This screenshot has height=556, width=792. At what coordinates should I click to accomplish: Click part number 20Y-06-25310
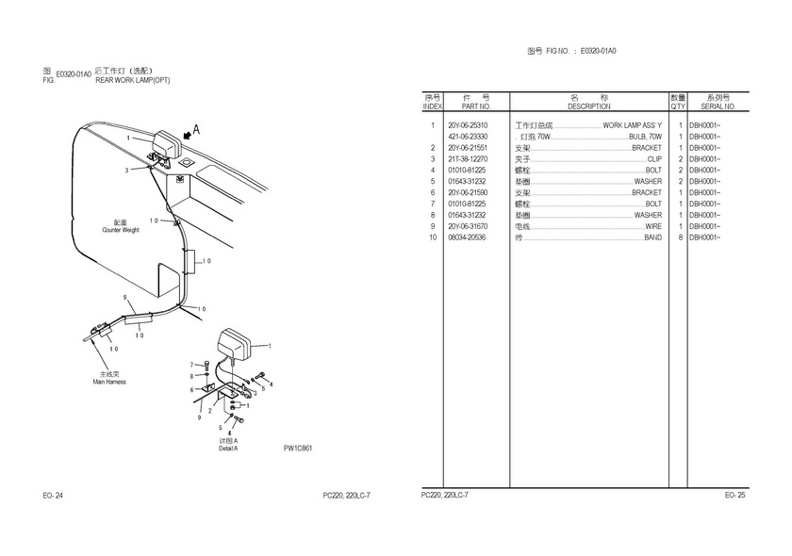[x=468, y=125]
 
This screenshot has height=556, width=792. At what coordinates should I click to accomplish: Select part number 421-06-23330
[x=468, y=137]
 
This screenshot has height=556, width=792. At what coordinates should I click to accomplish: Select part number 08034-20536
[x=468, y=237]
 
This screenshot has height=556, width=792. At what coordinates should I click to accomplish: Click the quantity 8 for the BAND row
[x=680, y=237]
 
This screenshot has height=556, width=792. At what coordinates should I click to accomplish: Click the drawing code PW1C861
[x=298, y=448]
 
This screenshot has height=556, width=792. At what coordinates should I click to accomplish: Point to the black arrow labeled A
[x=189, y=136]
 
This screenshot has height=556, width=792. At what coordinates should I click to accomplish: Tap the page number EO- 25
[x=735, y=495]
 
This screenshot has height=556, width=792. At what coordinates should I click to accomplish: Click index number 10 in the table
[x=433, y=237]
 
